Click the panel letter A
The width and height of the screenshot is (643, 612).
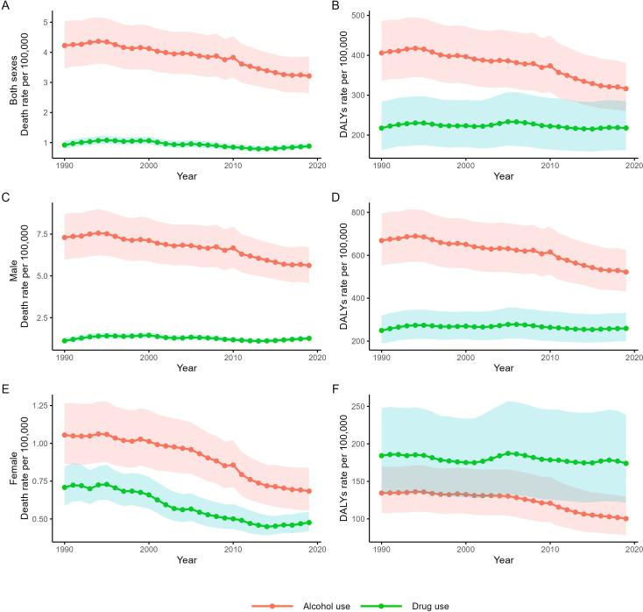pos(5,5)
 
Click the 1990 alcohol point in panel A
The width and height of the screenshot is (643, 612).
pos(65,46)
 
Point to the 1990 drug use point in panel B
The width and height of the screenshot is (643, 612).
pos(382,128)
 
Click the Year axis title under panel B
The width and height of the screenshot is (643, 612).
pos(503,176)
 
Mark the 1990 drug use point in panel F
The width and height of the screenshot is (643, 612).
pos(382,455)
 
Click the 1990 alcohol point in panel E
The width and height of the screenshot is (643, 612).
pos(65,435)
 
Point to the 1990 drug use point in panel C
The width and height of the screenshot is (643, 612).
pos(65,340)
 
